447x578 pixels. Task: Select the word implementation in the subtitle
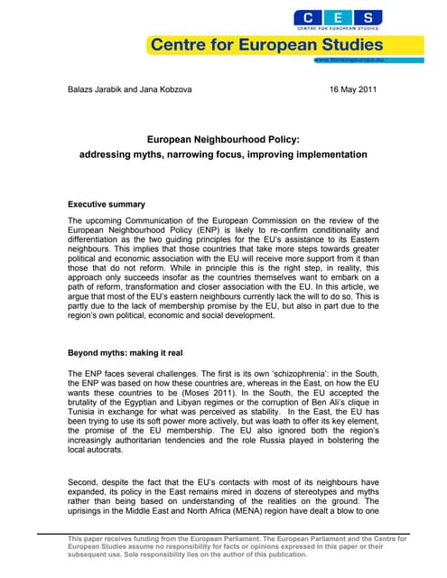point(327,154)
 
